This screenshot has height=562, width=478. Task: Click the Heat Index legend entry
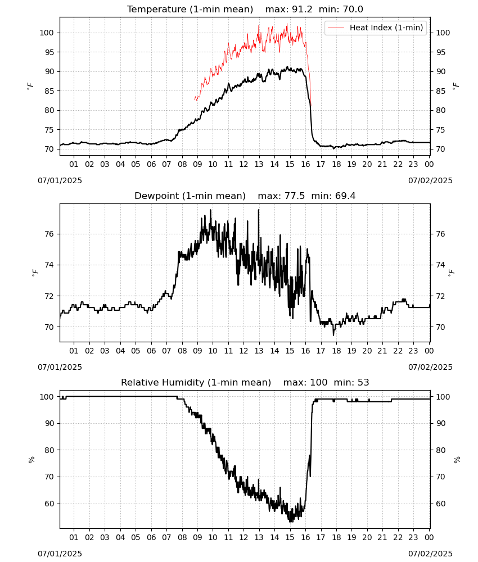tap(376, 28)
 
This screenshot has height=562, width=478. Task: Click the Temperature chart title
tap(190, 10)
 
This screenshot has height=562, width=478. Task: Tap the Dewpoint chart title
tap(190, 196)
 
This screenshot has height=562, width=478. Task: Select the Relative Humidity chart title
tap(196, 382)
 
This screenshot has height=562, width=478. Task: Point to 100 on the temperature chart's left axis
tap(47, 33)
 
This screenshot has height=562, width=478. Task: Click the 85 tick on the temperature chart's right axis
tap(440, 91)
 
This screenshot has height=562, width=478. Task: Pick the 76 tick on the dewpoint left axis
tap(49, 234)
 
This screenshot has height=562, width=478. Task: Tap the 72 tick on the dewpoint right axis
tap(440, 296)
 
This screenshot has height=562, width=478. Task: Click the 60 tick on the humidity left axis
tap(49, 504)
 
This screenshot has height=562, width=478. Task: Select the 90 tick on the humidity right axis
tap(440, 423)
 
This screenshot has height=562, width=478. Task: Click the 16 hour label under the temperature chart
tap(305, 164)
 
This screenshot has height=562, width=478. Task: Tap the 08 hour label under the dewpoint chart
tap(182, 351)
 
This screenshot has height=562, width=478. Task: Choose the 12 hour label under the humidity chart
tap(244, 537)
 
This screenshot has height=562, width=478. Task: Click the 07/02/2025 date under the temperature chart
tap(430, 180)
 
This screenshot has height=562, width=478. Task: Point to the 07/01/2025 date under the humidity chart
tap(60, 554)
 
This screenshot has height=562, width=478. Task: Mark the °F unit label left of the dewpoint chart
tap(35, 273)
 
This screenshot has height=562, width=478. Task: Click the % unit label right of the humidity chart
tap(457, 460)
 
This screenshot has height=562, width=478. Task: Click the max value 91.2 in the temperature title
tap(303, 10)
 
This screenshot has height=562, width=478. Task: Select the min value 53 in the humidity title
tap(363, 382)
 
